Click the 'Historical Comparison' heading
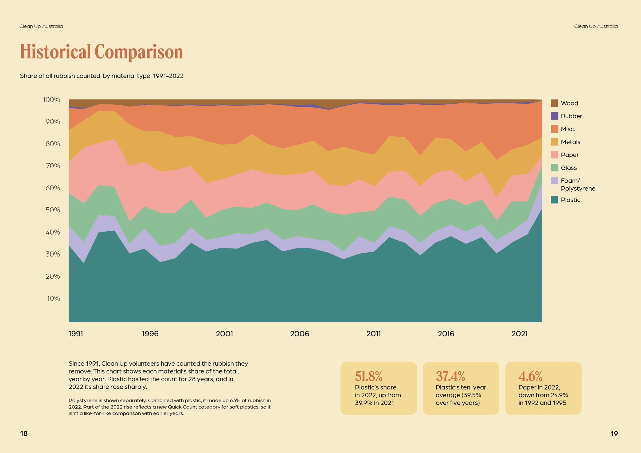[101, 52]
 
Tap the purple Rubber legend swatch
[554, 116]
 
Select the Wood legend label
[569, 103]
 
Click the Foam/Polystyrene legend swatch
[554, 180]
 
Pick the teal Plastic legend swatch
[554, 200]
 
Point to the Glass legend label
[569, 168]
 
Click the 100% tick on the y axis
[51, 100]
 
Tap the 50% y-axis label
[53, 210]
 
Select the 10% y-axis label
[53, 298]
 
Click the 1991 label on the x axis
[76, 334]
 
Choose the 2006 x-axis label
[300, 334]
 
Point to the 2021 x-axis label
[519, 334]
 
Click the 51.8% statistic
[369, 376]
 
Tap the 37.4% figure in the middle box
[450, 376]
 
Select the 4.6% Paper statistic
[530, 376]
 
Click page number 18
[24, 434]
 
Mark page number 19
[614, 434]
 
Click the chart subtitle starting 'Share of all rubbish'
[101, 76]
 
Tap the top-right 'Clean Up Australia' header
[596, 26]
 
